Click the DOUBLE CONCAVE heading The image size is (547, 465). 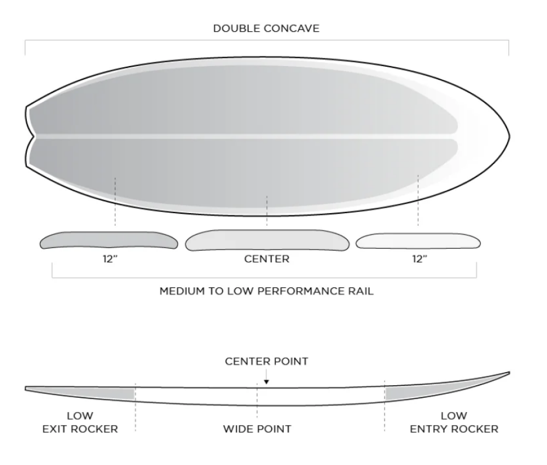click(x=266, y=28)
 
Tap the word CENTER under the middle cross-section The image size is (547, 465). click(x=266, y=259)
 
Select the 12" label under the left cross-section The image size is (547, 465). click(x=110, y=259)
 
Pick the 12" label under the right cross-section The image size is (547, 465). click(x=420, y=259)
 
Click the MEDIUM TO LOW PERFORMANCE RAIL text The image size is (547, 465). click(x=266, y=291)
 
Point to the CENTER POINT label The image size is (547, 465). click(x=266, y=361)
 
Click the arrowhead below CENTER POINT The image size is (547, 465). click(x=266, y=382)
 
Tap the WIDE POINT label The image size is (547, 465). click(x=257, y=429)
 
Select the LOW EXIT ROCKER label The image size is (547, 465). click(x=80, y=422)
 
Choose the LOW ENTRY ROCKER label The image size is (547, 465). click(x=454, y=422)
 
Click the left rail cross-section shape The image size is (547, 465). click(x=109, y=240)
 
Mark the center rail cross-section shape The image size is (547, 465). click(x=267, y=240)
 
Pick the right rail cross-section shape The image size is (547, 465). click(x=418, y=241)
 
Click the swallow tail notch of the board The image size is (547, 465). click(x=34, y=136)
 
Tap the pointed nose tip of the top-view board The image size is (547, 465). click(x=509, y=136)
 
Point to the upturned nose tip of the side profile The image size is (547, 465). click(x=509, y=373)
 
